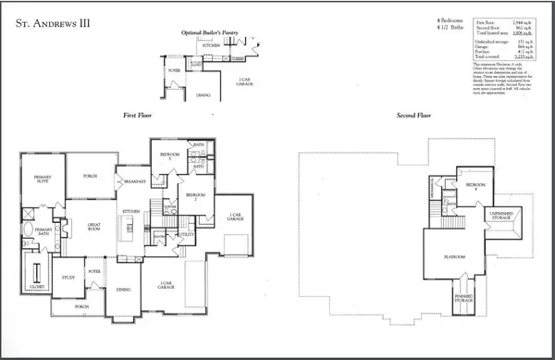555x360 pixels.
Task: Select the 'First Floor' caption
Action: coord(139,114)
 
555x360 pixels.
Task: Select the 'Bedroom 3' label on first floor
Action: coord(169,154)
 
